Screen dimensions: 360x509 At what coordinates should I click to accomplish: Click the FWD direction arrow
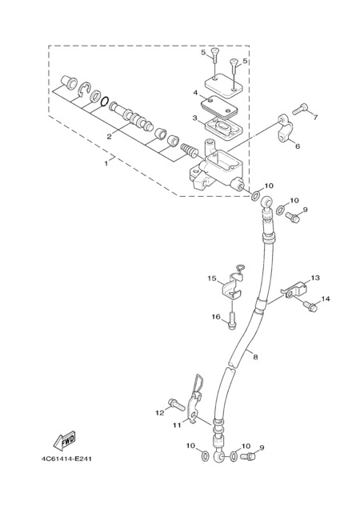(65, 441)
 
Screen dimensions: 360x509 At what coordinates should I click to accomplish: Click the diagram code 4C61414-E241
(66, 459)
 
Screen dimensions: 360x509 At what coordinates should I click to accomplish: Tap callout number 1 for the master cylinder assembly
(106, 163)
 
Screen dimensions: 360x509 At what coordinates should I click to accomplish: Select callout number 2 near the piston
(109, 137)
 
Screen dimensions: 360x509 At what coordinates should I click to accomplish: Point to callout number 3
(195, 118)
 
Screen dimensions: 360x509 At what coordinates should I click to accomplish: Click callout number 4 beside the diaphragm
(195, 93)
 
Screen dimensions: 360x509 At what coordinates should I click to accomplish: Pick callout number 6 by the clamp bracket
(298, 146)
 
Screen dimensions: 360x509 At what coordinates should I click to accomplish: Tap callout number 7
(314, 117)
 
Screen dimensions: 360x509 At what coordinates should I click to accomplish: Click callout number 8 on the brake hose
(255, 357)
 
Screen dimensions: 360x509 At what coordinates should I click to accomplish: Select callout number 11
(177, 425)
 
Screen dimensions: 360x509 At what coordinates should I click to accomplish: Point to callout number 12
(160, 413)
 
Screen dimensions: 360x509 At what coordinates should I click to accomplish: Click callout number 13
(315, 279)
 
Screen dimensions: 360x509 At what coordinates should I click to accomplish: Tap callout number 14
(326, 299)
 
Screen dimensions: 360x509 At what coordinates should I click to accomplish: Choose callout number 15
(212, 279)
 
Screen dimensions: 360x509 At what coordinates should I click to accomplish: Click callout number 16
(216, 316)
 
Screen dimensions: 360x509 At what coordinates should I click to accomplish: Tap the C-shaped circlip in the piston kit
(84, 90)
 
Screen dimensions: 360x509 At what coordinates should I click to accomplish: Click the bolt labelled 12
(177, 404)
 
